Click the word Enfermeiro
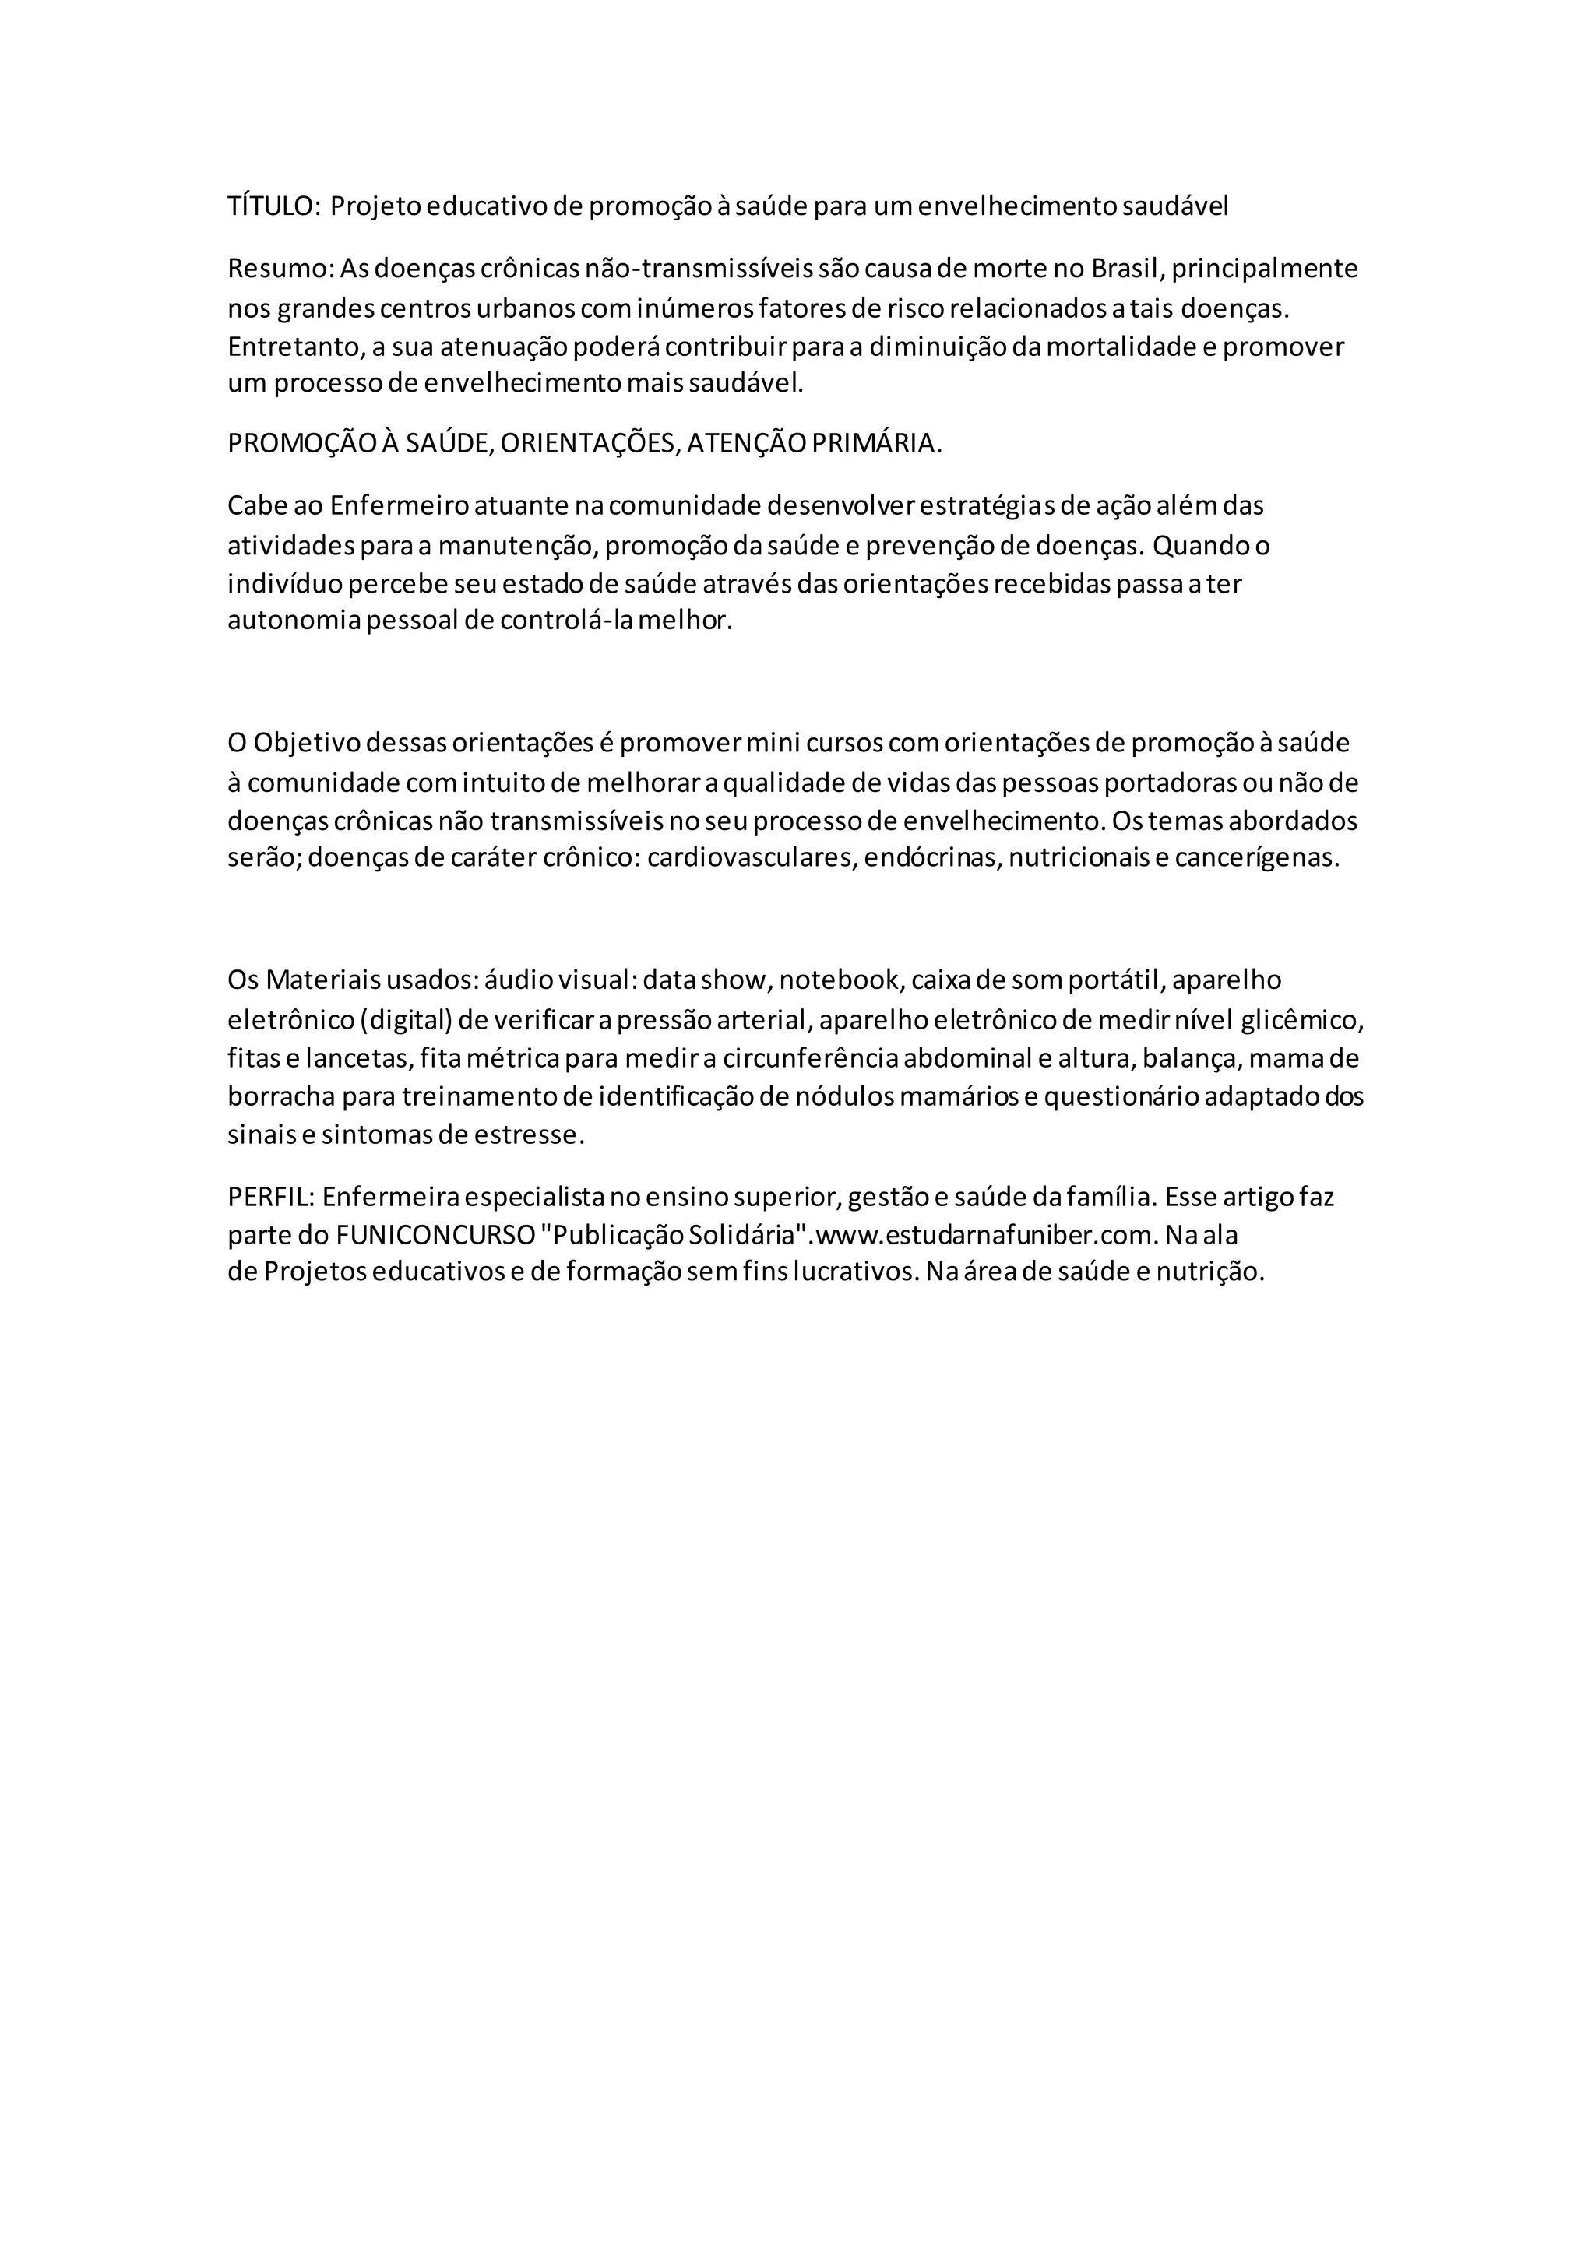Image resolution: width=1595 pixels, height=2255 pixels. pos(400,506)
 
